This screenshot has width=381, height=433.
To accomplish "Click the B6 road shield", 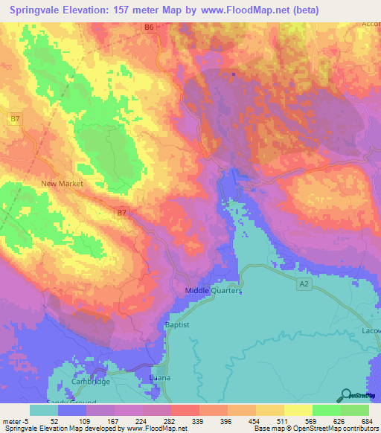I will [149, 28].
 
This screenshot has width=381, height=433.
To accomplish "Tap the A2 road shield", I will [303, 283].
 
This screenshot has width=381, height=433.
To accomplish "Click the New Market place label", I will [63, 183].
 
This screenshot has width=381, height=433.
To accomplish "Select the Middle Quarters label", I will [214, 291].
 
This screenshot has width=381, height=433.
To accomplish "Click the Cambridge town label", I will [90, 381].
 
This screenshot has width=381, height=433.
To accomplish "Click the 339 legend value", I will [199, 420].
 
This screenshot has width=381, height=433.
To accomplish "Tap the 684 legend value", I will [368, 420].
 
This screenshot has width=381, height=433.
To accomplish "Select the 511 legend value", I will [284, 420].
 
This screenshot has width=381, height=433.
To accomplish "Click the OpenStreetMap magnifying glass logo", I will [345, 396].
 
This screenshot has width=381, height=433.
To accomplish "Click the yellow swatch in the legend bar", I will [298, 410].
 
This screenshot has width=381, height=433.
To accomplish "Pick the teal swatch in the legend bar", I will [44, 410].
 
